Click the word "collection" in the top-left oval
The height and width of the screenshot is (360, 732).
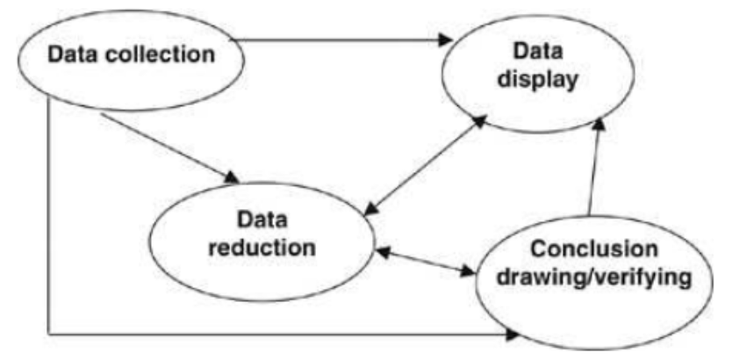[x=170, y=55]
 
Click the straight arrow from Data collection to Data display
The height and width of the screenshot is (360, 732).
[x=342, y=39]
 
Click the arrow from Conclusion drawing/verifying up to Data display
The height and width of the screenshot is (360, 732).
[x=593, y=167]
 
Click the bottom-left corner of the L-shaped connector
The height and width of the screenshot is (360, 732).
[x=48, y=334]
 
